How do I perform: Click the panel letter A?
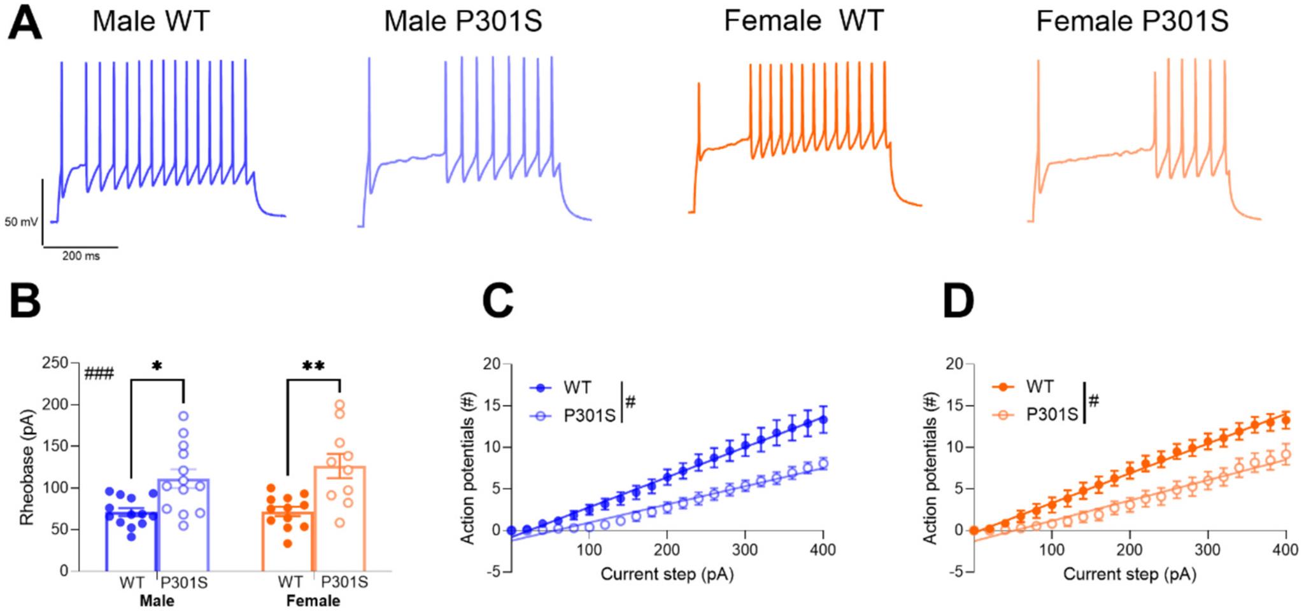tap(24, 24)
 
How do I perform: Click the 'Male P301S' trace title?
tap(463, 22)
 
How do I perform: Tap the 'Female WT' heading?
tap(804, 21)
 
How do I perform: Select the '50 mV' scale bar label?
tap(21, 222)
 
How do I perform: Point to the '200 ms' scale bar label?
tap(81, 256)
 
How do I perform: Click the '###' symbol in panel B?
tap(99, 373)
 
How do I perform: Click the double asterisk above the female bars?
tap(313, 366)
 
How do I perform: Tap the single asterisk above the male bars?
tap(157, 367)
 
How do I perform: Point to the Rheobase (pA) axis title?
tap(26, 467)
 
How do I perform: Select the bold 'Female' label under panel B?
tap(313, 601)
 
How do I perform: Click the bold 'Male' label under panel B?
tap(157, 601)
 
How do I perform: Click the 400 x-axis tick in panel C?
tap(823, 550)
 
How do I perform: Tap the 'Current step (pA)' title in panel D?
tap(1130, 575)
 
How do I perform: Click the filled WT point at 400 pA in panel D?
tap(1286, 420)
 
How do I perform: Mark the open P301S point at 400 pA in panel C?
tap(823, 463)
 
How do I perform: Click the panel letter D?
tap(958, 302)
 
